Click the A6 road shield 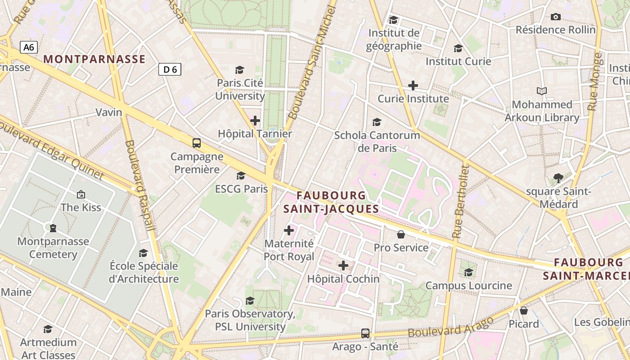point(28,47)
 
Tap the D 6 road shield point(170,69)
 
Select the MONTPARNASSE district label point(94,59)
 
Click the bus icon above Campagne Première point(197,143)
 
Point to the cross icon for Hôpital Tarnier point(255,121)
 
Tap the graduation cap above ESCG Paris point(241,175)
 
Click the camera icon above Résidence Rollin point(556,17)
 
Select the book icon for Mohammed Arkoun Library point(542,91)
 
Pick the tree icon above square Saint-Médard point(558,178)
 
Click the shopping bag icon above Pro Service point(401,234)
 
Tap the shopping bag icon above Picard point(524,310)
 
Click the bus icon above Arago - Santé point(365,333)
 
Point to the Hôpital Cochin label point(343,279)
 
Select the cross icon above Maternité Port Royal point(289,230)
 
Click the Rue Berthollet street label point(461,201)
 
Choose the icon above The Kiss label point(81,194)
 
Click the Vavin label point(109,112)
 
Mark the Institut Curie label point(458,61)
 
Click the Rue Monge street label point(595,81)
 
